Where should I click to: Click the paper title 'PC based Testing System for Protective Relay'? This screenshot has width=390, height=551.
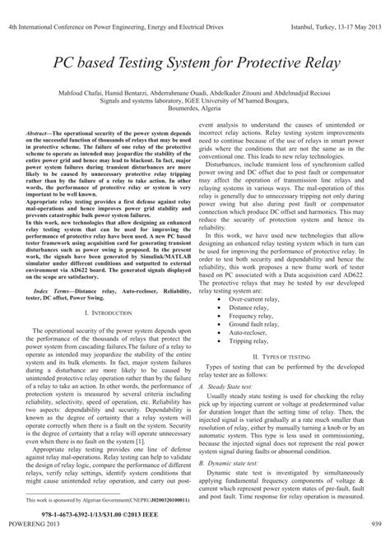click(x=194, y=63)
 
